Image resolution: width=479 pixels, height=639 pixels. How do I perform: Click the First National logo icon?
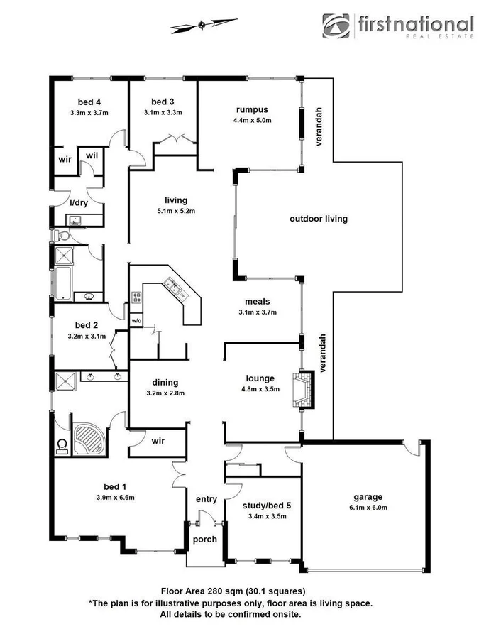click(x=338, y=26)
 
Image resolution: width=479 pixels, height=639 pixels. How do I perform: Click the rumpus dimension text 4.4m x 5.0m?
click(x=252, y=120)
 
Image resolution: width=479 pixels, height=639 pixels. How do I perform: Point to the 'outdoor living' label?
click(x=318, y=219)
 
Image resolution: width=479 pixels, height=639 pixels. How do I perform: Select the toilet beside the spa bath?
click(x=62, y=444)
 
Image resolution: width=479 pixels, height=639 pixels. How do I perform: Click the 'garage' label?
click(x=368, y=496)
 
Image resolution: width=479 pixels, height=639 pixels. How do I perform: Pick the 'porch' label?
click(x=205, y=539)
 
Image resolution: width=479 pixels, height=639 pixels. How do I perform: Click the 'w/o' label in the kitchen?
click(x=136, y=320)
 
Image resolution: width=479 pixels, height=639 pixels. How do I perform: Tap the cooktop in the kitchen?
click(x=136, y=297)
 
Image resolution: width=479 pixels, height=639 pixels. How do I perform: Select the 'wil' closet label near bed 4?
click(x=92, y=155)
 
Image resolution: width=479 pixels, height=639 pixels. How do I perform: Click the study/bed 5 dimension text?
click(x=263, y=516)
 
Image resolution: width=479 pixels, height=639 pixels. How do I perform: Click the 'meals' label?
click(x=257, y=301)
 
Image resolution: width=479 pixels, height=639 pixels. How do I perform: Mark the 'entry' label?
click(x=206, y=499)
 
